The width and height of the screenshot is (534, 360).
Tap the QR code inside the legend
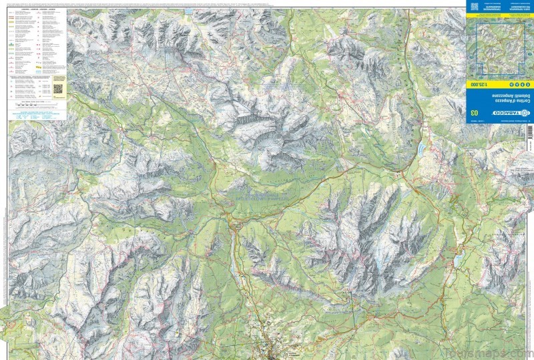pyautogui.click(x=57, y=87)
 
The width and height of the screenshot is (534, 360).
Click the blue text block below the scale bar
pyautogui.click(x=37, y=115)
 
